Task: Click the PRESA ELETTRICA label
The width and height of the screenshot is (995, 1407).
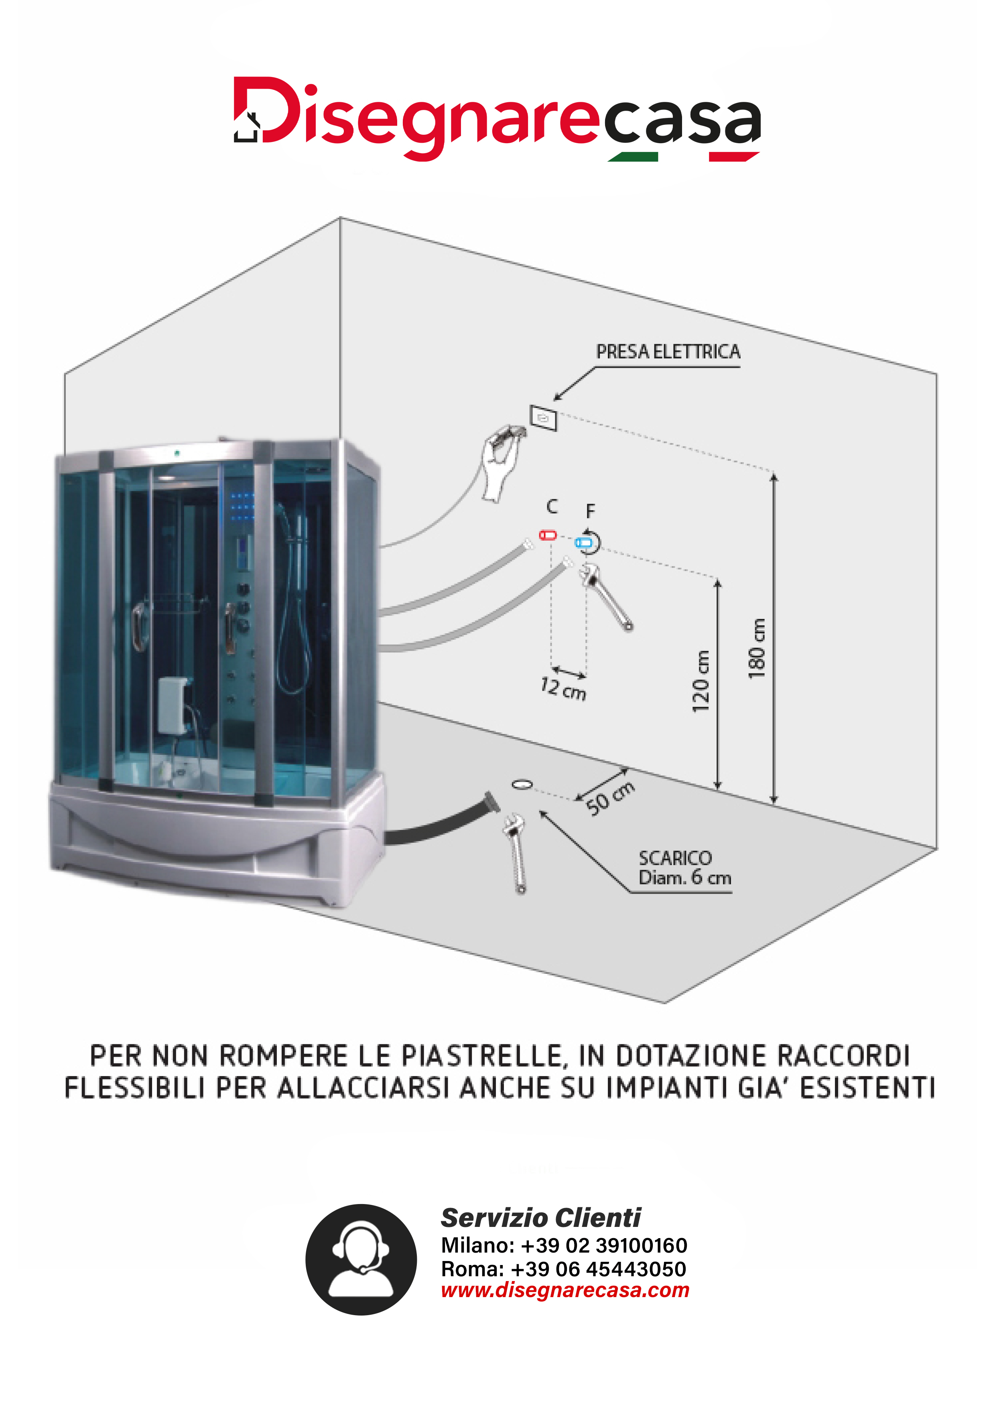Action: click(x=668, y=352)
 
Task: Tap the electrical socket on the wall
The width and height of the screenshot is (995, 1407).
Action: click(x=543, y=418)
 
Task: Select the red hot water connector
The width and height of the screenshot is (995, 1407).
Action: click(x=547, y=535)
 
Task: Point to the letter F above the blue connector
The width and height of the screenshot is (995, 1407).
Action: click(x=590, y=511)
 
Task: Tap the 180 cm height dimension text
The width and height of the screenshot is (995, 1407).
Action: click(x=757, y=648)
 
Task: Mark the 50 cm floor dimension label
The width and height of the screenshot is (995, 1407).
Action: click(x=610, y=799)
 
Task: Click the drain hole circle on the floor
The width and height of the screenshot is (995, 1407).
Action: click(x=522, y=784)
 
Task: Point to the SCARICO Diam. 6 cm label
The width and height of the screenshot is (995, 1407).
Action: click(x=685, y=868)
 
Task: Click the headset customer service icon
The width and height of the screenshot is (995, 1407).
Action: click(x=361, y=1259)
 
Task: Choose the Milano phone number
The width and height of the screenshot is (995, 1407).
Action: click(x=564, y=1246)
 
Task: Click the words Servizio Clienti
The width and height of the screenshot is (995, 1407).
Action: click(x=541, y=1218)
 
